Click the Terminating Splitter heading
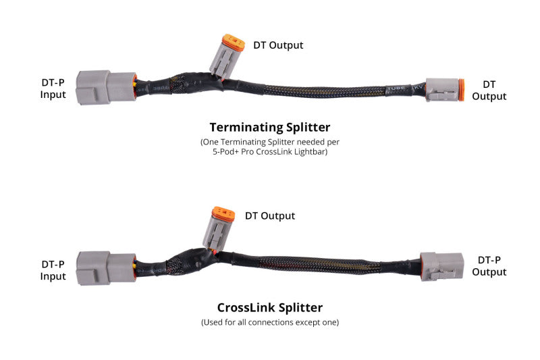(269, 126)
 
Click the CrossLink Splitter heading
(269, 307)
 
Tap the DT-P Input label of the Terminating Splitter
(53, 88)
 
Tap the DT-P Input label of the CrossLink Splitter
(53, 270)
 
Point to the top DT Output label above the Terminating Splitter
(278, 45)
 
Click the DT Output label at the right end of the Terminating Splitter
(489, 90)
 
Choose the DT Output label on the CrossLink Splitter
(269, 216)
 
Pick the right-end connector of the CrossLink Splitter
(441, 265)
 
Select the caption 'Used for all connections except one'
(269, 322)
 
